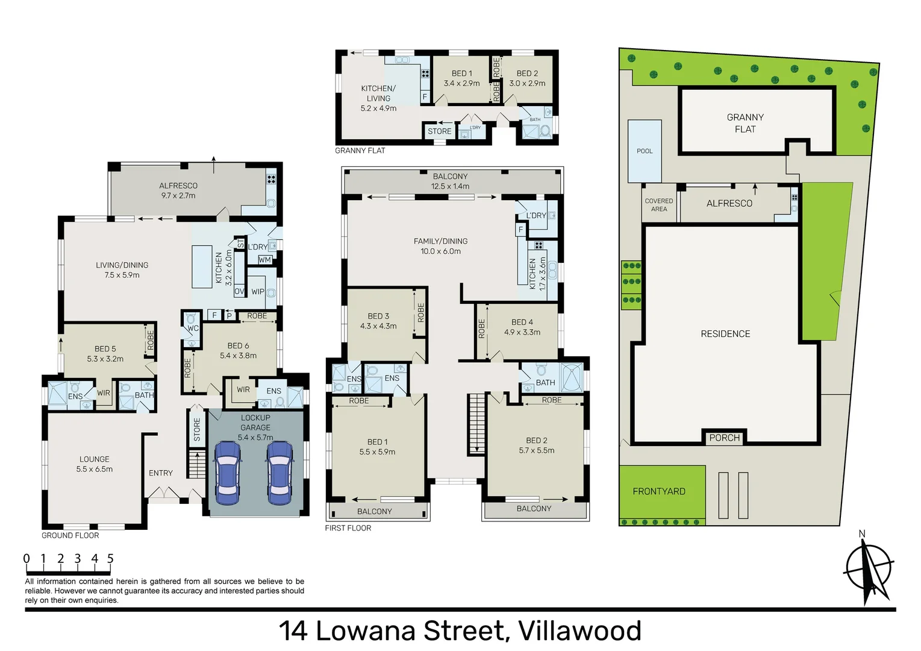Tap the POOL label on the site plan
pyautogui.click(x=645, y=151)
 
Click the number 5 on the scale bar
pyautogui.click(x=110, y=559)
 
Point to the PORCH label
pyautogui.click(x=724, y=438)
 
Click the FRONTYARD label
pyautogui.click(x=659, y=491)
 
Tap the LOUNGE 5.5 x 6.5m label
pyautogui.click(x=95, y=464)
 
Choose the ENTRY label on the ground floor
pyautogui.click(x=161, y=473)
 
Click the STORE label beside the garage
pyautogui.click(x=197, y=430)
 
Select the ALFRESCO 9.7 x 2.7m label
pyautogui.click(x=178, y=190)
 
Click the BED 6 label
pyautogui.click(x=238, y=350)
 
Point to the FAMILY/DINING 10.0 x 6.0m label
pyautogui.click(x=440, y=246)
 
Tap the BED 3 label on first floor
pyautogui.click(x=378, y=321)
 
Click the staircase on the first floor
pyautogui.click(x=476, y=423)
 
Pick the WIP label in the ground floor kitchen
pyautogui.click(x=258, y=292)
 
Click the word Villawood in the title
pyautogui.click(x=579, y=631)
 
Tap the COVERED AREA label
pyautogui.click(x=659, y=205)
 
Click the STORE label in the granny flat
pyautogui.click(x=439, y=131)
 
